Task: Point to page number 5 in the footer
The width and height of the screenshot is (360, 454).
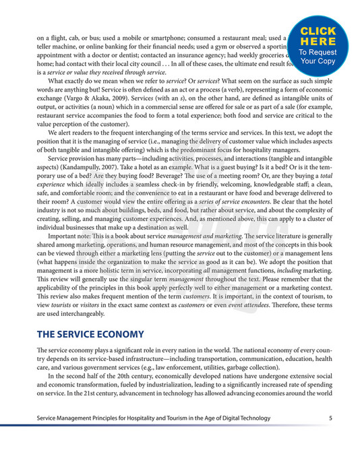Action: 330,418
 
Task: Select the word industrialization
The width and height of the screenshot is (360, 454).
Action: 170,391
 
